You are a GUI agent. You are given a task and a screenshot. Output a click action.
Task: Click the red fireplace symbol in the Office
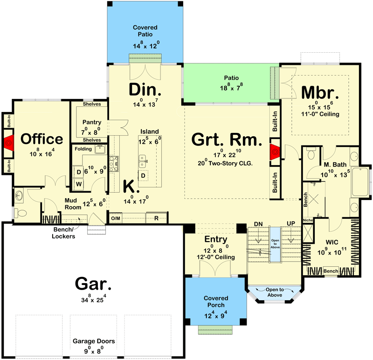click(x=8, y=143)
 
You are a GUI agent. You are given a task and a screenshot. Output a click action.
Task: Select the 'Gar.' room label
click(x=93, y=284)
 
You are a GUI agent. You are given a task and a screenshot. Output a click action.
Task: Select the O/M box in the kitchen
click(x=116, y=218)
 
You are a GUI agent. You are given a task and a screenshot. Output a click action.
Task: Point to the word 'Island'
click(x=150, y=132)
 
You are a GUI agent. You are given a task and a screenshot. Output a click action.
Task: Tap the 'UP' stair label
click(x=291, y=224)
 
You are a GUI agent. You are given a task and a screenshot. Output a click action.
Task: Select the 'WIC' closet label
click(x=332, y=242)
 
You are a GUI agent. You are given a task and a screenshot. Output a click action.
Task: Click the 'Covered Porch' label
click(x=215, y=301)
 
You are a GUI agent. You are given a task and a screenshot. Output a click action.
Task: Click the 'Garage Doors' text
click(x=93, y=341)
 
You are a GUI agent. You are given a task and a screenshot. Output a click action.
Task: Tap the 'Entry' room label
click(x=215, y=239)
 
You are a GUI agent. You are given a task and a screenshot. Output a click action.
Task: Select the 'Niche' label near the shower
click(x=307, y=220)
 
